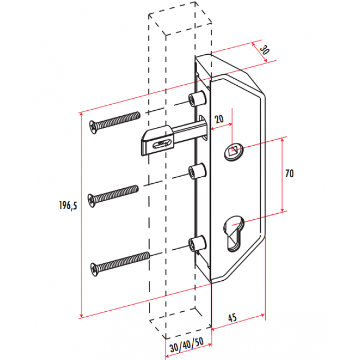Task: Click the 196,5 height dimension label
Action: pos(68,205)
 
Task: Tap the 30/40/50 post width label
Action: pos(187,344)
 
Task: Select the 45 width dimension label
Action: pos(233,318)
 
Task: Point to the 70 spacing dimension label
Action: pos(289,173)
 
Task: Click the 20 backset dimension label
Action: pos(219,119)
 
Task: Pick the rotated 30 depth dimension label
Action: pos(264,50)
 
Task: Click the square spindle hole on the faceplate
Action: pos(234,151)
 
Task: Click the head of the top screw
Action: pos(93,127)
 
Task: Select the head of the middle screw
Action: pos(91,200)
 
